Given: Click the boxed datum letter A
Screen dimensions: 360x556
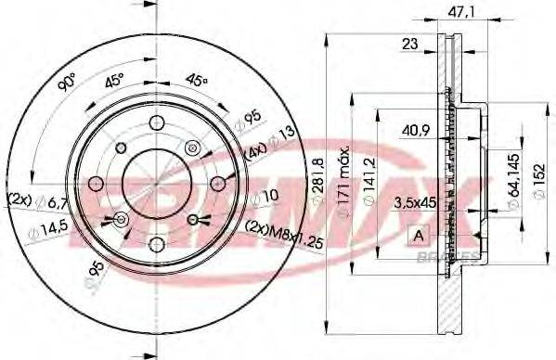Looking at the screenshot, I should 417,234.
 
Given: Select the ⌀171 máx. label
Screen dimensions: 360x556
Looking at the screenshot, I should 343,181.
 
